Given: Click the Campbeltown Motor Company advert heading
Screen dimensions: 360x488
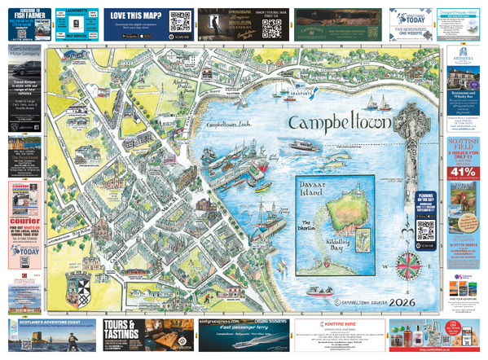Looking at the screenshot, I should (25, 53).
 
